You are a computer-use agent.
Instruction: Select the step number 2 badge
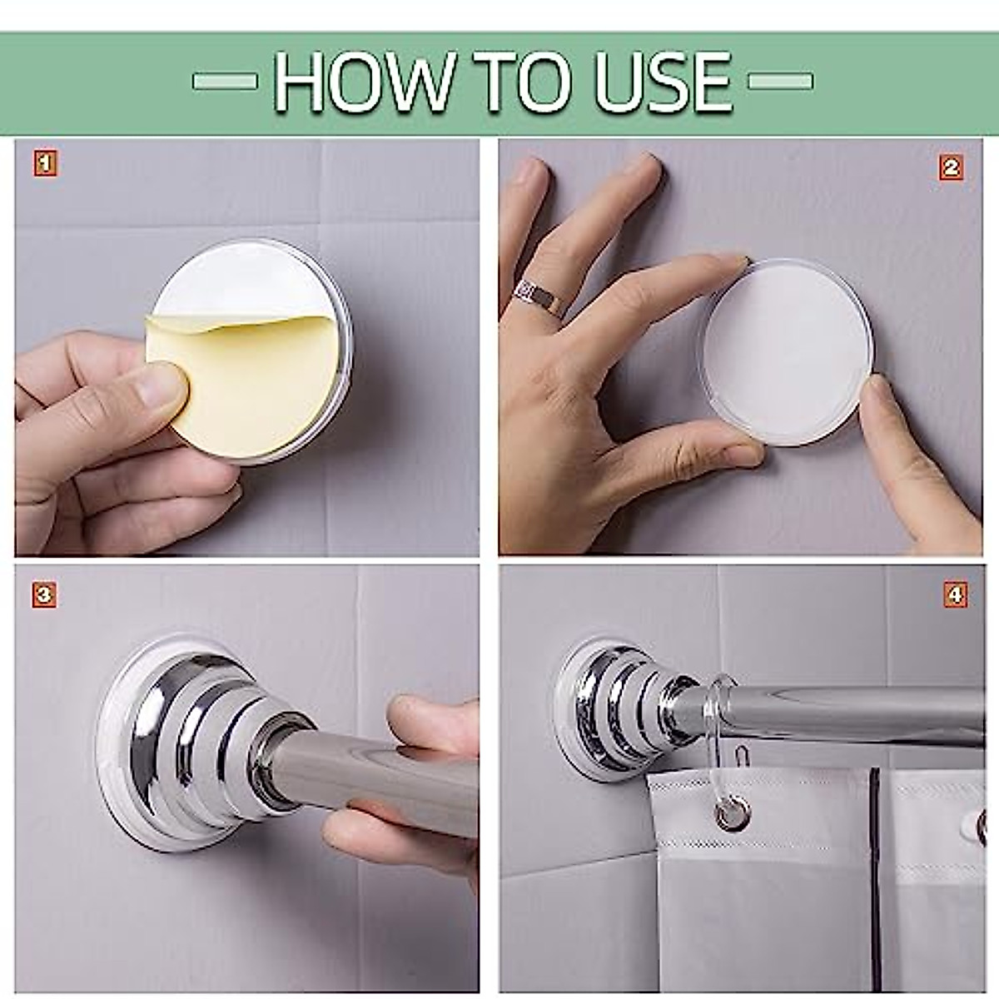point(952,167)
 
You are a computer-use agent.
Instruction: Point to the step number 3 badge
point(44,594)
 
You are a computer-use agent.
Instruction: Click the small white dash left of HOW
point(224,81)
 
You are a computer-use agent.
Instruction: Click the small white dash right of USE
point(779,81)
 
